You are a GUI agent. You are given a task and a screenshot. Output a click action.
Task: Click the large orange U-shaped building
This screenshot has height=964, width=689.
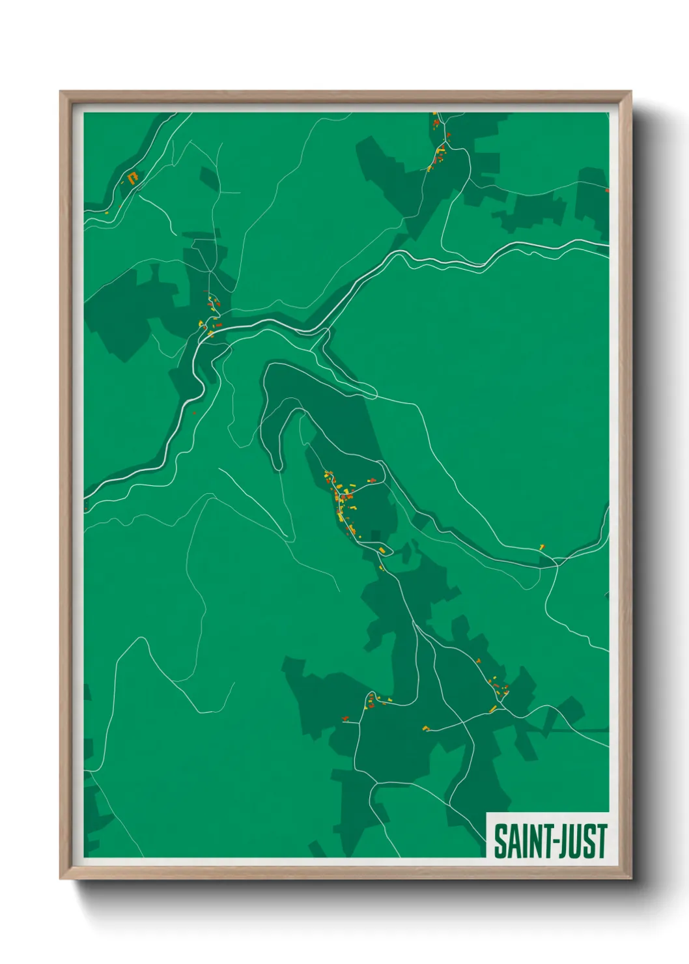pos(134,177)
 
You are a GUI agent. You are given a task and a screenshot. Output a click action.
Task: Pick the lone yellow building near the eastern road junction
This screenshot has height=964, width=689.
pos(541,546)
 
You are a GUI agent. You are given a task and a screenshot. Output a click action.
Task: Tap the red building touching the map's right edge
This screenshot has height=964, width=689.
pos(607,191)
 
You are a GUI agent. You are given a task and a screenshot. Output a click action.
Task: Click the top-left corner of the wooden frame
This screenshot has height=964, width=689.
pos(61,92)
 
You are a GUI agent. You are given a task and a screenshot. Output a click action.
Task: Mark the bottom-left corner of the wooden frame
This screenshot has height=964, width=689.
pos(61,879)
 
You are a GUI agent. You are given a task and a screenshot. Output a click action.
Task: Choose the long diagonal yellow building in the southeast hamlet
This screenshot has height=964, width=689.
pos(493,709)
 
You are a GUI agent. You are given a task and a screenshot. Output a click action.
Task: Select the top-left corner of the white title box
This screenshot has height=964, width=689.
pos(487,813)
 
